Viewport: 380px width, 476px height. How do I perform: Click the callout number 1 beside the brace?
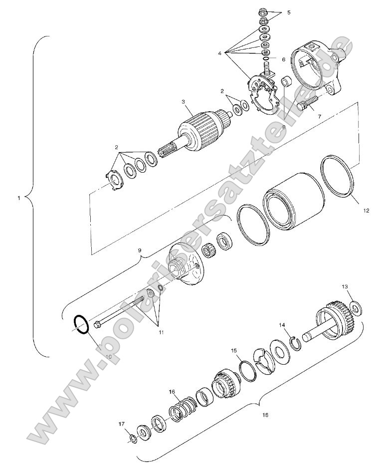(x=18, y=198)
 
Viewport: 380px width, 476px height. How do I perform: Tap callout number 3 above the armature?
(x=184, y=102)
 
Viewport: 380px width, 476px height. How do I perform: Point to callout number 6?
(x=284, y=59)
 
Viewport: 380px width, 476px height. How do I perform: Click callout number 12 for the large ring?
(x=366, y=211)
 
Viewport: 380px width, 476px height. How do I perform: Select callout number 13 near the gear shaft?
(x=345, y=286)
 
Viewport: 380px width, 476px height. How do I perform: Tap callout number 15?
(x=233, y=351)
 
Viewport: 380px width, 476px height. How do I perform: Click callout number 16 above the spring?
(x=172, y=392)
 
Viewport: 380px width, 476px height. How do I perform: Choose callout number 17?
(x=121, y=425)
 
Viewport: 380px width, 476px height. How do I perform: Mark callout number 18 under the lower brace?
(x=265, y=415)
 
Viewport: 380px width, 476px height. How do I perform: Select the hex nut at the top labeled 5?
(x=264, y=10)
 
